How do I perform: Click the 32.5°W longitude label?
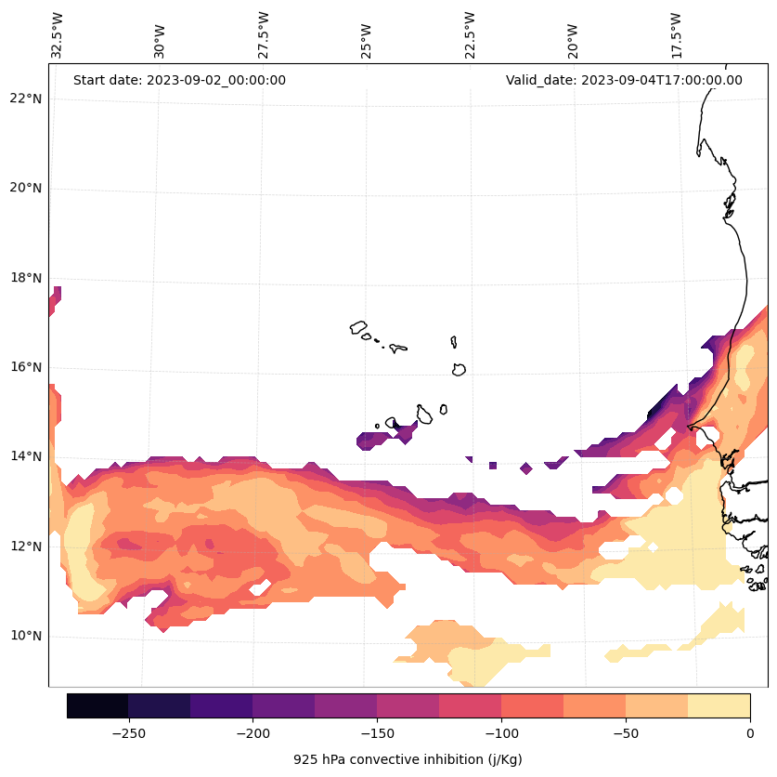(58, 35)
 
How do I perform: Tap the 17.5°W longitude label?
(676, 35)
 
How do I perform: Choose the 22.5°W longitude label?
(470, 35)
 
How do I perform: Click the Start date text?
(179, 80)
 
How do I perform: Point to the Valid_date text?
(624, 80)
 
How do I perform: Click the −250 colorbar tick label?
(128, 732)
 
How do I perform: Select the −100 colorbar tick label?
(500, 732)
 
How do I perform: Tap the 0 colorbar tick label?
(749, 732)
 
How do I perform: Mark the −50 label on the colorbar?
(625, 732)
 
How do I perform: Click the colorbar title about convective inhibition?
(408, 759)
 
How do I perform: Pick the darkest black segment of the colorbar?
(97, 705)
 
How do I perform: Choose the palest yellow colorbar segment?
(719, 705)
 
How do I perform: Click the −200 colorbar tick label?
(253, 732)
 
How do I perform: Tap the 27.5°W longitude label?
(264, 35)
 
